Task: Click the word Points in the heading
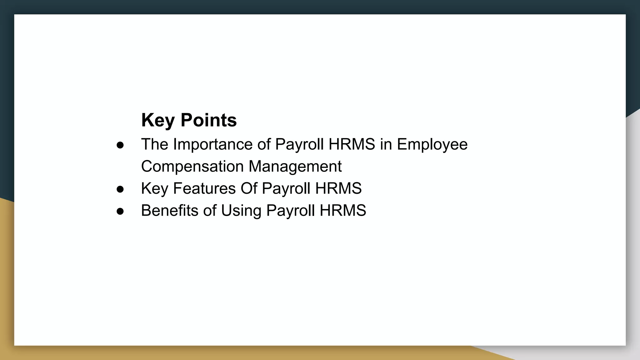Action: [x=208, y=120]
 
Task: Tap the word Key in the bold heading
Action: [x=158, y=120]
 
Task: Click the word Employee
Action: [x=432, y=144]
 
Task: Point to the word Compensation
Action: [x=192, y=166]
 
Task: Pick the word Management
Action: [x=295, y=166]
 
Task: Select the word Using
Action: [x=241, y=210]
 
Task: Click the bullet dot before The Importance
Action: [x=120, y=145]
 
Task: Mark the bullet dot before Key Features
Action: [x=120, y=189]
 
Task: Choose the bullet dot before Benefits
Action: [x=120, y=211]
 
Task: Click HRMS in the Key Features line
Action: [x=338, y=188]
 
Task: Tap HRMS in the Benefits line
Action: [x=342, y=210]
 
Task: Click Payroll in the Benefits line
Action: [x=290, y=210]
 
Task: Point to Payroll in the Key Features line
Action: [x=286, y=188]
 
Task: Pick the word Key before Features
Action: [x=154, y=188]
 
